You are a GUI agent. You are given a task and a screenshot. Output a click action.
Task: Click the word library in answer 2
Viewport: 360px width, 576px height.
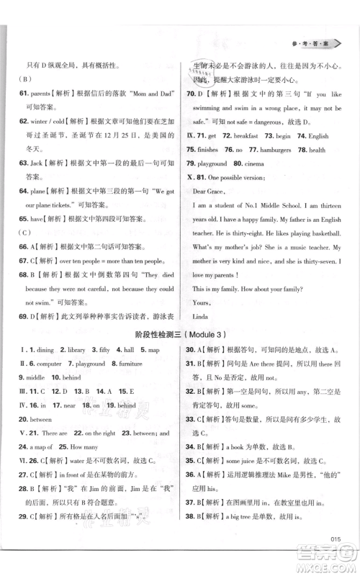(x=74, y=350)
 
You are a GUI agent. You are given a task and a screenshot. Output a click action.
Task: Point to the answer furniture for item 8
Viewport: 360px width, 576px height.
(x=131, y=364)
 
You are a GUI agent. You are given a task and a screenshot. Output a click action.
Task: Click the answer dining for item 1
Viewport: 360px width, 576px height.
(x=45, y=350)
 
